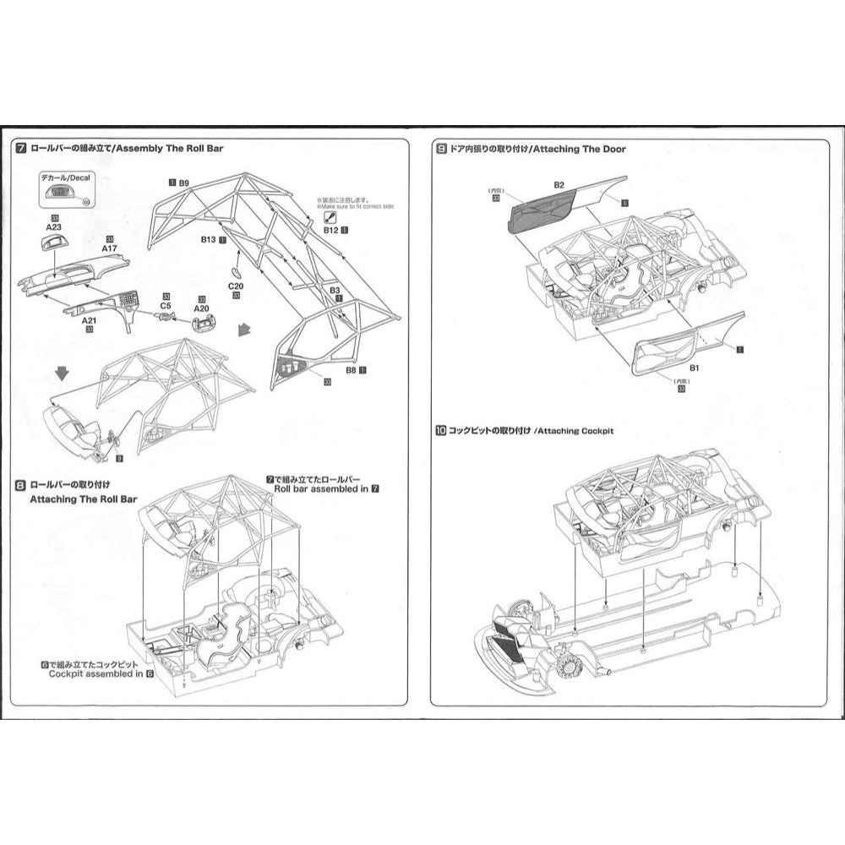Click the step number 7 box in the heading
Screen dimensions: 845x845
21,149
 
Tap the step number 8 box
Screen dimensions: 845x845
21,485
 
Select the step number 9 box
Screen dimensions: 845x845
441,149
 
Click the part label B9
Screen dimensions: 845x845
183,182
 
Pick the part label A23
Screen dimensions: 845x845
53,226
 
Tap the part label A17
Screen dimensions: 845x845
109,249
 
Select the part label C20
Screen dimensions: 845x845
236,286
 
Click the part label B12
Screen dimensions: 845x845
330,230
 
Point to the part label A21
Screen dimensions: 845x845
89,321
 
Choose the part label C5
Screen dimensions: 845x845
166,306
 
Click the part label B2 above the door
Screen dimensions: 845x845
559,184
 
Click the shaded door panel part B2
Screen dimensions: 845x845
541,211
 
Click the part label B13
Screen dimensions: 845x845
208,240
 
